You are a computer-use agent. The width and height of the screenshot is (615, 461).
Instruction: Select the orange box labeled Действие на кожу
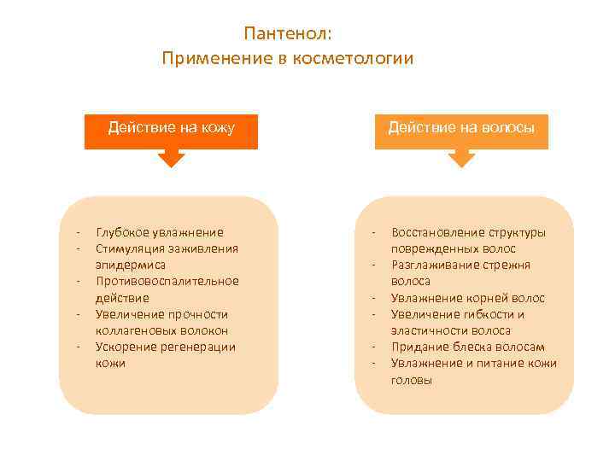171,129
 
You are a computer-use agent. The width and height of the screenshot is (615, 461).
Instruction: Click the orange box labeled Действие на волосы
461,129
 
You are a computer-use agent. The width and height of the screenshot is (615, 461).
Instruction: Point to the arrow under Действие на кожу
171,158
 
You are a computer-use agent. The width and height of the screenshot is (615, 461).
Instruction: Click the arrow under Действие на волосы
461,158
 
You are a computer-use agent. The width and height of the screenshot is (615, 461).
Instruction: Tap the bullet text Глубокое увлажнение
160,232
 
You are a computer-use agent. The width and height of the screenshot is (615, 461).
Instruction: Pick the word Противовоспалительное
167,281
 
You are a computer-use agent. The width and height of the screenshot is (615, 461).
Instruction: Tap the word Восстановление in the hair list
435,232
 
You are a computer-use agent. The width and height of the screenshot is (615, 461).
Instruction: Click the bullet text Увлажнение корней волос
467,298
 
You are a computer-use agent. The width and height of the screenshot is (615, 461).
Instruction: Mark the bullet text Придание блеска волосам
467,347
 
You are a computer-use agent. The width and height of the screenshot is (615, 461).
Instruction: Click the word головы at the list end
412,380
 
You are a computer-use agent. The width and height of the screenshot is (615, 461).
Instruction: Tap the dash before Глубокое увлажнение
78,232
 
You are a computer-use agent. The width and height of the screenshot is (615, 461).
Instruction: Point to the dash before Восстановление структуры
373,232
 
